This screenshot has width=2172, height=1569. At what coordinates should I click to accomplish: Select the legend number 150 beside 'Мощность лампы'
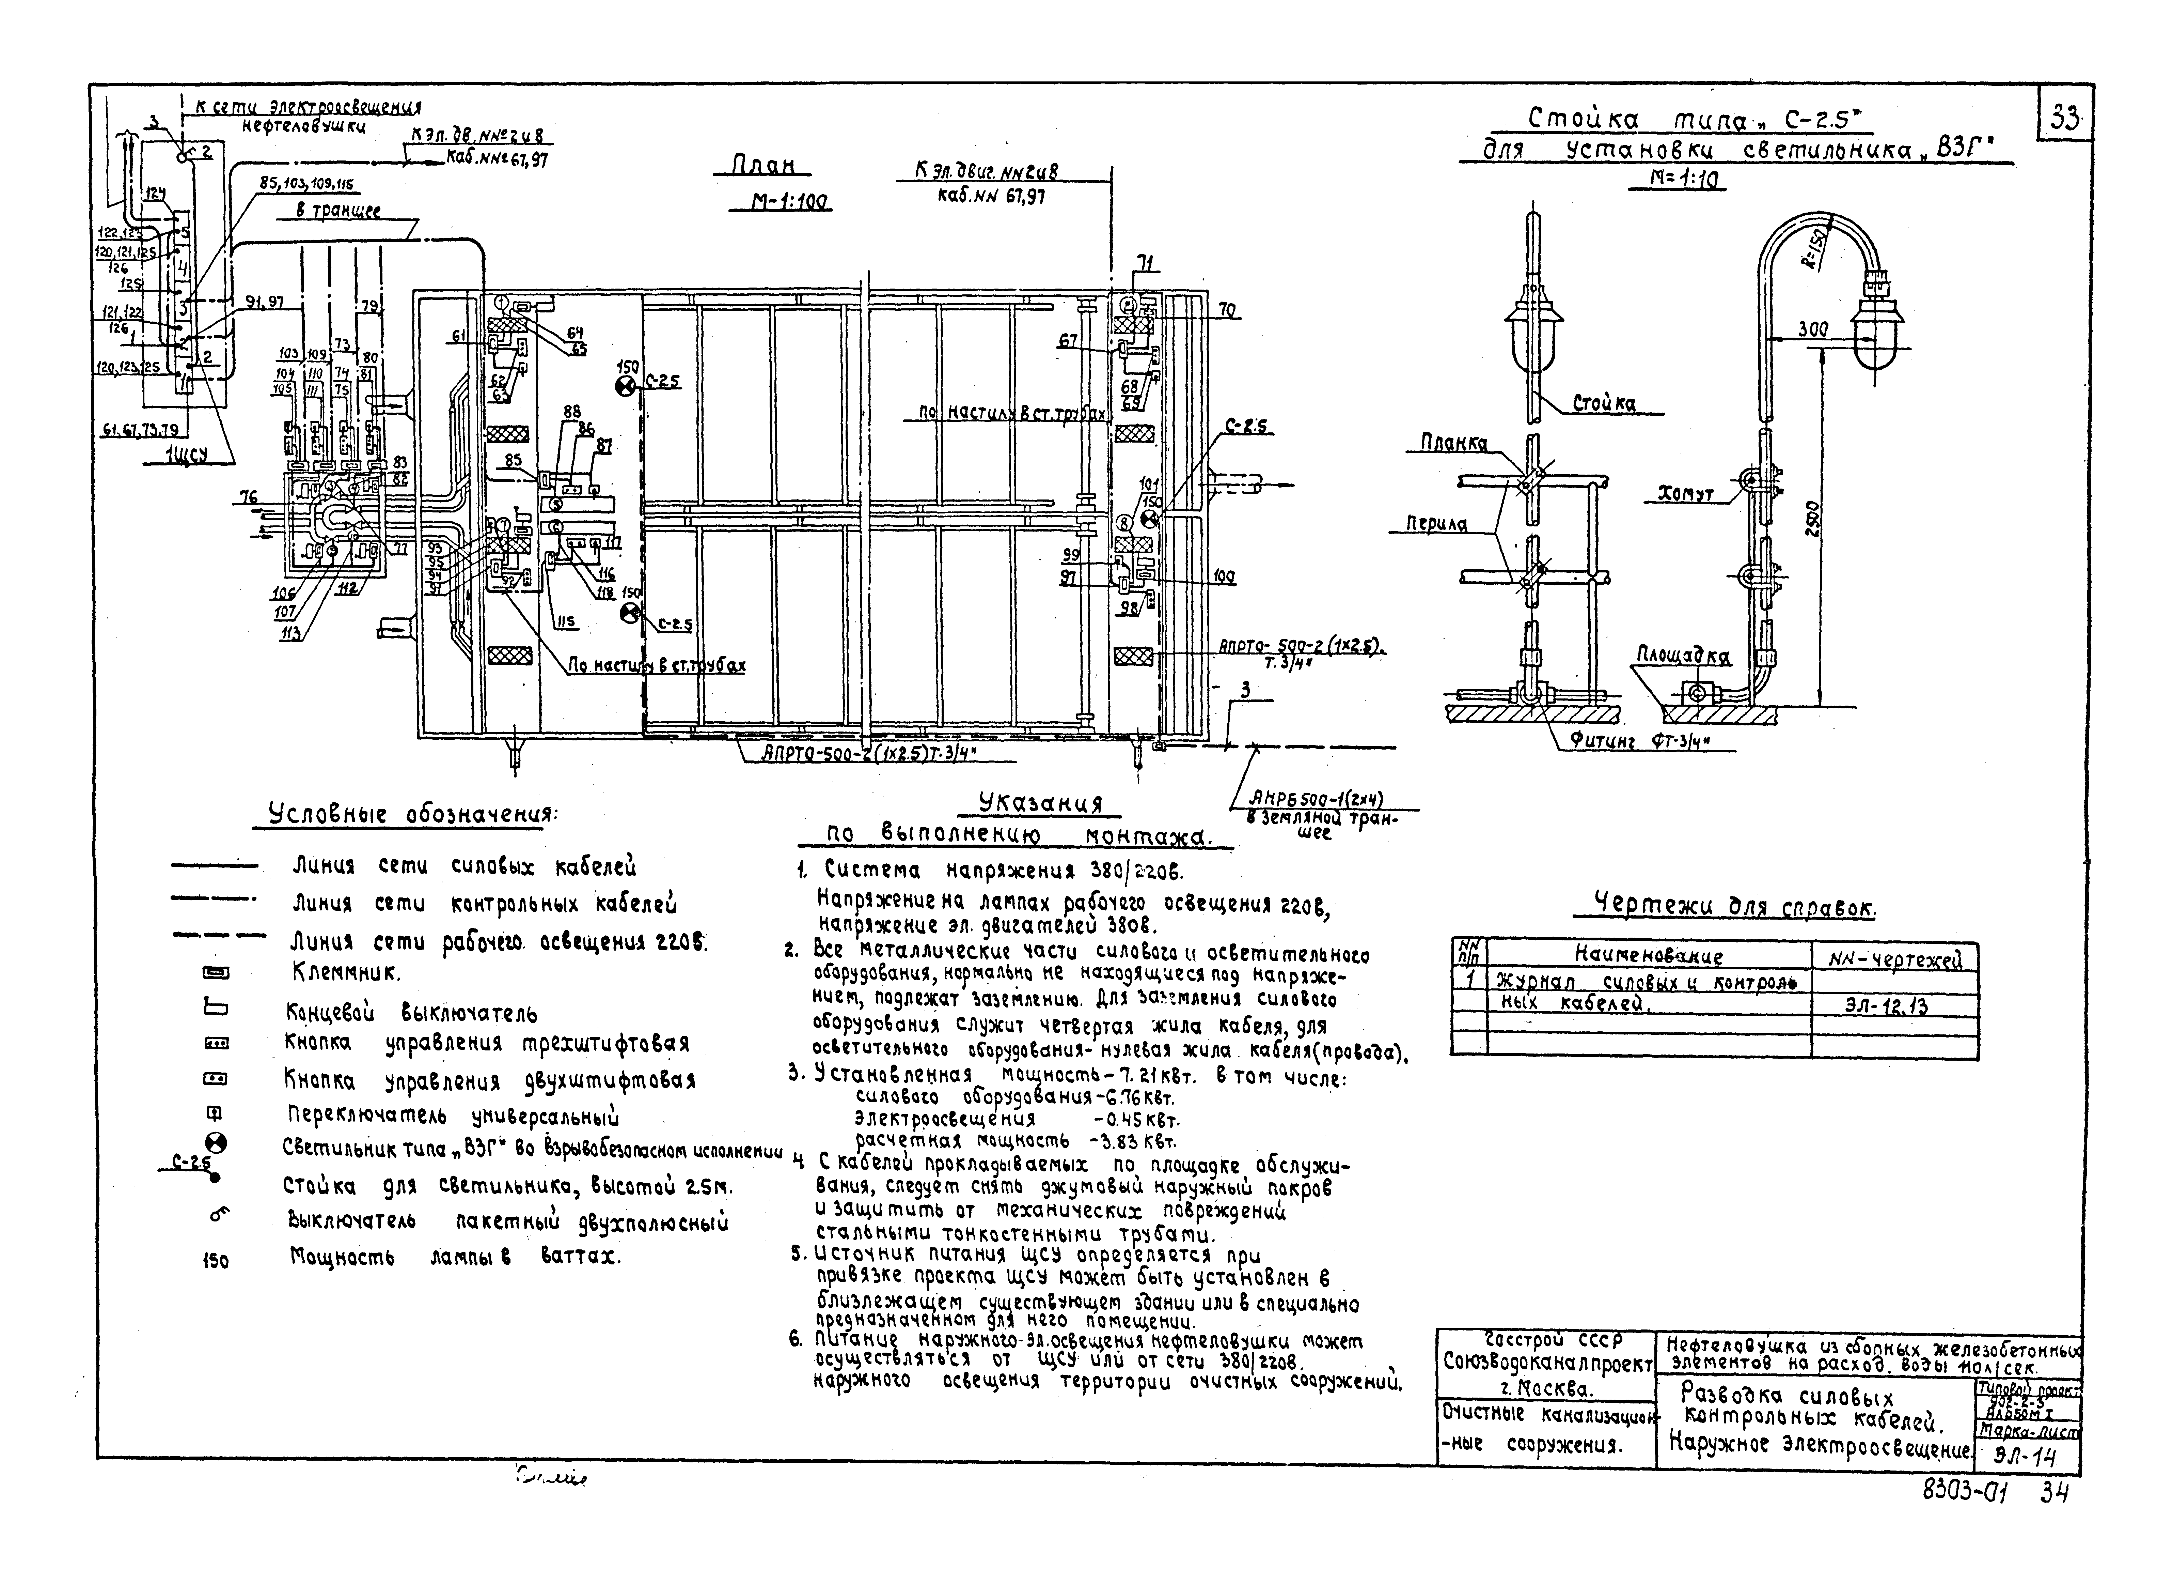(x=216, y=1261)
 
